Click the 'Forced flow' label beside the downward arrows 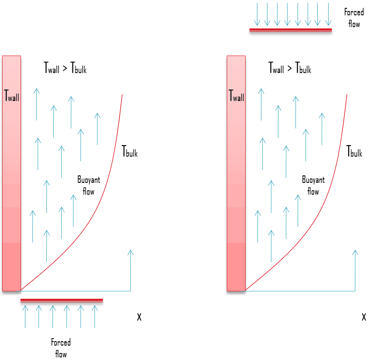click(354, 18)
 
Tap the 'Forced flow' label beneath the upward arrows click(61, 348)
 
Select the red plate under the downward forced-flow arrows click(290, 30)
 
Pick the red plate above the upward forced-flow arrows click(62, 300)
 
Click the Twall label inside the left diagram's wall click(11, 95)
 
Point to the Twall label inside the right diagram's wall click(236, 95)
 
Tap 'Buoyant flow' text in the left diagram click(89, 185)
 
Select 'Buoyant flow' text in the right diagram click(313, 185)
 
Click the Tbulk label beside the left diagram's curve click(129, 152)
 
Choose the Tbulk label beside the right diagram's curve click(354, 152)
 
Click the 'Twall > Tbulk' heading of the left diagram click(65, 68)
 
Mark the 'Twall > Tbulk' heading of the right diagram click(290, 68)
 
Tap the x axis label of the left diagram click(139, 317)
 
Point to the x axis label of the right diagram click(364, 317)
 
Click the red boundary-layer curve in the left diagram click(103, 192)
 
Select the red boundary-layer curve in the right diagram click(328, 192)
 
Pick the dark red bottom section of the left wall click(11, 267)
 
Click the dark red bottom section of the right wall click(236, 267)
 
